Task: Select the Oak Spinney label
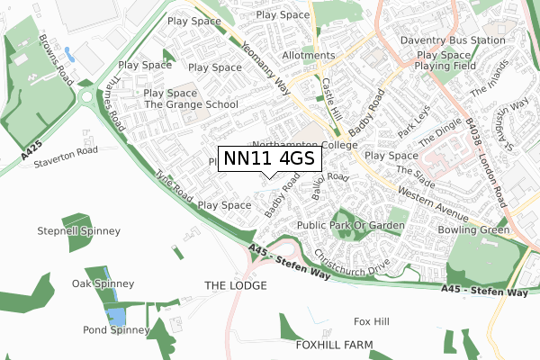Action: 103,283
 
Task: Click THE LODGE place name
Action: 236,285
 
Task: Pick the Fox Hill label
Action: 372,321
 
